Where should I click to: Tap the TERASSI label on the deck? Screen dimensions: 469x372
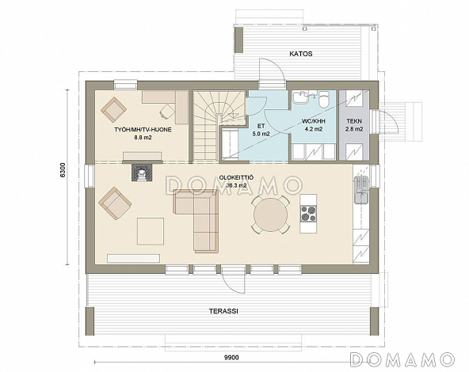223,311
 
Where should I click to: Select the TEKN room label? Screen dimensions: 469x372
354,121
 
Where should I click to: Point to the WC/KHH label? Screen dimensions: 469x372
313,122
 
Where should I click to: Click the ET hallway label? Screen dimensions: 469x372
261,126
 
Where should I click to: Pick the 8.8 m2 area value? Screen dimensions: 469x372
143,138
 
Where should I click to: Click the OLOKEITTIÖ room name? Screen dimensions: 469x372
236,178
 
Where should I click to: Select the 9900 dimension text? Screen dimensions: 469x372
231,358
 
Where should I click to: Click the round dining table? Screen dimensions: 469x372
270,214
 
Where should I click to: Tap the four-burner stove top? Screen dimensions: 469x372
308,214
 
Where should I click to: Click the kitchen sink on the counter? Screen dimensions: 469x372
361,190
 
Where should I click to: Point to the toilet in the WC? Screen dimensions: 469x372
324,100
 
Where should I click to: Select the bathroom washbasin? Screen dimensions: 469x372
301,97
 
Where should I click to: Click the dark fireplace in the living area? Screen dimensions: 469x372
143,173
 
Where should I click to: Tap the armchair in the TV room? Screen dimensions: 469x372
112,110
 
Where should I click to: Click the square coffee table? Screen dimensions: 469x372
151,232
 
